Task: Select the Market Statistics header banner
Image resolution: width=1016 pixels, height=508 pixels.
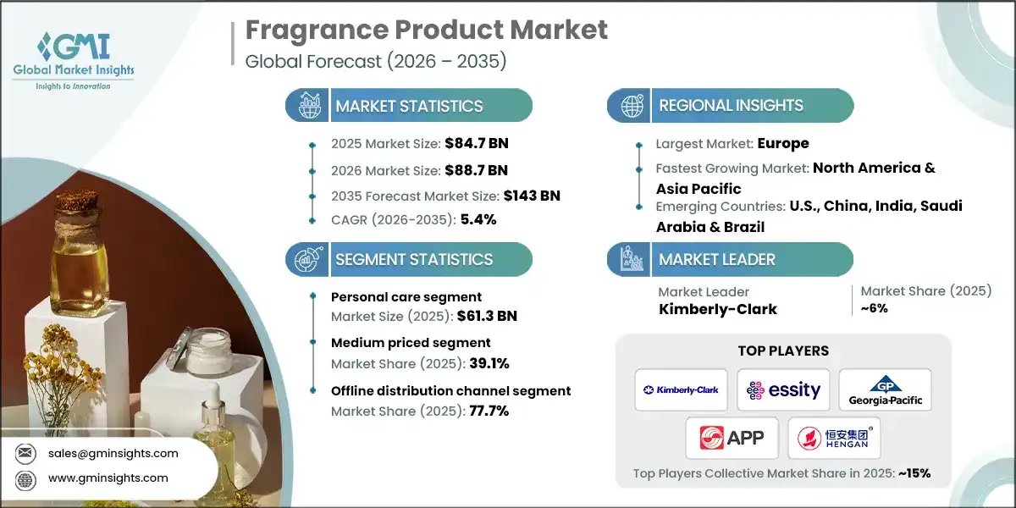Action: point(409,106)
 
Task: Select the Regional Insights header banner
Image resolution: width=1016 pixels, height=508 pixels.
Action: point(730,106)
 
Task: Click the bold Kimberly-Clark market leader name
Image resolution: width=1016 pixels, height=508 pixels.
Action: point(717,309)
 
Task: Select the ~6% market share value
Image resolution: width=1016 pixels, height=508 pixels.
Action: point(874,308)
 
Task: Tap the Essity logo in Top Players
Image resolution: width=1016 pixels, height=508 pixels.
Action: point(783,389)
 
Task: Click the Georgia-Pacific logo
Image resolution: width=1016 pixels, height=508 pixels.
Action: point(885,389)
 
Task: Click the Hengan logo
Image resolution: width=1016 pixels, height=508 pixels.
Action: point(834,438)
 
